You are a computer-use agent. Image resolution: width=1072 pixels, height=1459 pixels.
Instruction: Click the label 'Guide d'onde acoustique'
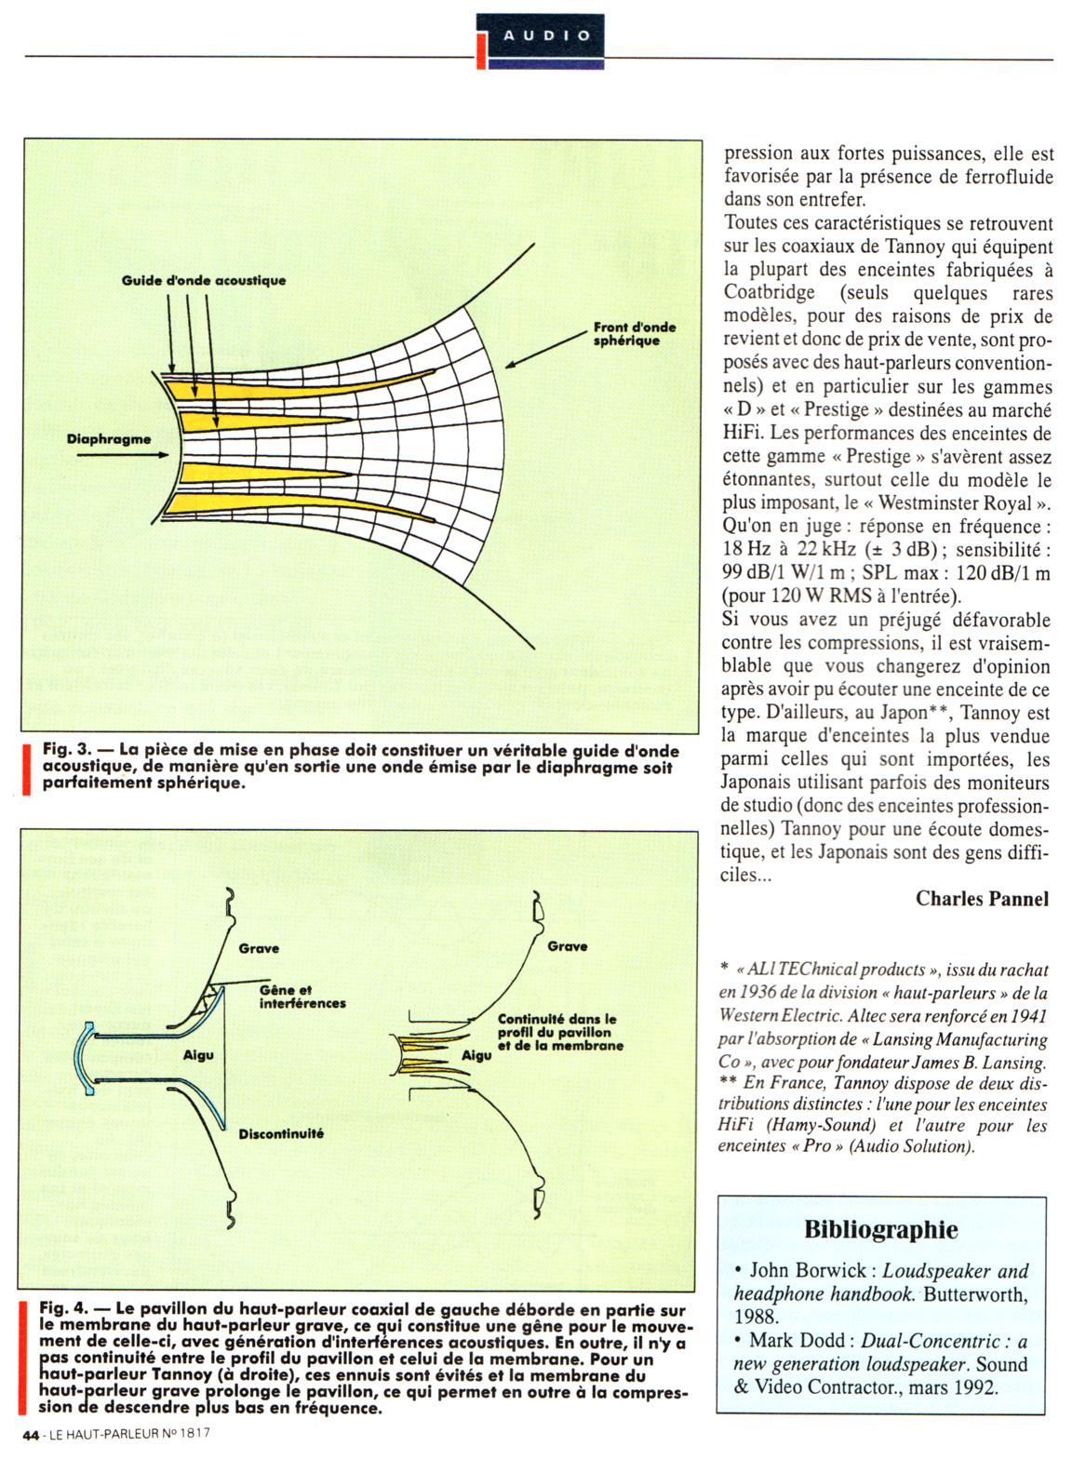coord(204,280)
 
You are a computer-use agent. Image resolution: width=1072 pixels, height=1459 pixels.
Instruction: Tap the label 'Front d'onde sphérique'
coord(634,334)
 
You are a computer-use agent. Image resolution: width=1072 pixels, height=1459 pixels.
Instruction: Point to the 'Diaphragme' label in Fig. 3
coord(109,439)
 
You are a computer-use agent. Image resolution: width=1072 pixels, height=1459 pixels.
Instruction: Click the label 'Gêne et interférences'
coord(301,997)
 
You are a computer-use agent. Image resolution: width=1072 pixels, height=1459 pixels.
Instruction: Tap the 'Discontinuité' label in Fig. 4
coord(281,1134)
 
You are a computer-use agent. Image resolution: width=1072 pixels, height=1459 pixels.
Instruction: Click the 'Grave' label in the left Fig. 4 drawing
coord(259,948)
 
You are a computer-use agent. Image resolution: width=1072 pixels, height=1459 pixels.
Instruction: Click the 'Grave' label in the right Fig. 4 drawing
coord(567,946)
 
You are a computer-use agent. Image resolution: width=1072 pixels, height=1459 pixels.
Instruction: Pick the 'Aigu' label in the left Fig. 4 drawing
coord(198,1055)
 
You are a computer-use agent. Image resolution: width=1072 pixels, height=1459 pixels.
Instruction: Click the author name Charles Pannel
coord(982,898)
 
